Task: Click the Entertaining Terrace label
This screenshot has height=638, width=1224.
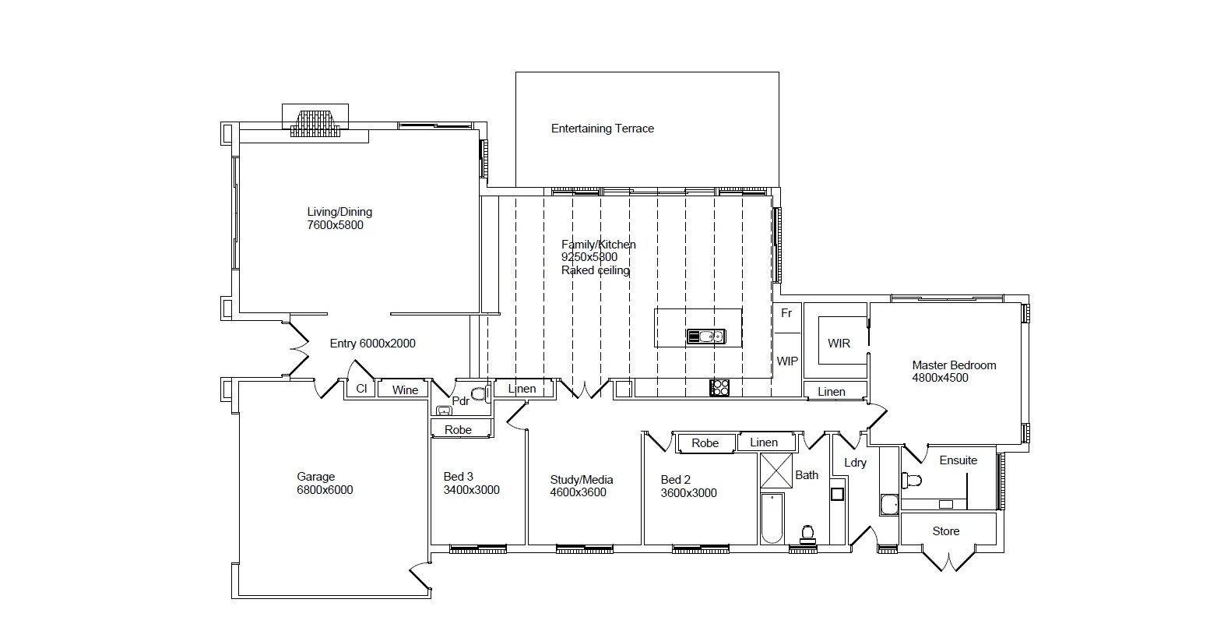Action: (x=602, y=129)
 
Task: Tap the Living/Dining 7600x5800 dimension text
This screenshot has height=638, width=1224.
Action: (x=335, y=225)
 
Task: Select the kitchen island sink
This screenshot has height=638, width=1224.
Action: (x=705, y=337)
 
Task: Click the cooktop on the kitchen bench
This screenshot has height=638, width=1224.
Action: (x=719, y=386)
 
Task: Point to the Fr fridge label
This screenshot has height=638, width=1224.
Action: (x=786, y=313)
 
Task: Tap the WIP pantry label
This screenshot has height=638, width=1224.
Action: (x=787, y=361)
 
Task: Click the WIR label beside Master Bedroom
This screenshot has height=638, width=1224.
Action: (x=839, y=344)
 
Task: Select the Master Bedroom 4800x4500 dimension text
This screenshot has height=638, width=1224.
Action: (x=940, y=378)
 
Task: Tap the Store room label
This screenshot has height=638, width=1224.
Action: (x=946, y=531)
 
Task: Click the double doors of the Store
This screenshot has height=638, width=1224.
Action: (x=948, y=560)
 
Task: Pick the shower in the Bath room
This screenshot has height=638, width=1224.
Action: (x=776, y=470)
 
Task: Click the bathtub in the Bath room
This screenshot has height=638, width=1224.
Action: (x=772, y=518)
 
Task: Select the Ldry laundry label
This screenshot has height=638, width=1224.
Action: (x=855, y=463)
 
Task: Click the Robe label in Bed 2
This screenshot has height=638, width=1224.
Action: (x=705, y=443)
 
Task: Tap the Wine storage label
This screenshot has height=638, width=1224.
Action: (x=405, y=390)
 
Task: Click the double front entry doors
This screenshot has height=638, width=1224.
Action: (x=299, y=348)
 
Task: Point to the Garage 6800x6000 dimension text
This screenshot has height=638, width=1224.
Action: (x=325, y=490)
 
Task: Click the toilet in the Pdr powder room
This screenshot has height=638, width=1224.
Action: (x=479, y=393)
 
